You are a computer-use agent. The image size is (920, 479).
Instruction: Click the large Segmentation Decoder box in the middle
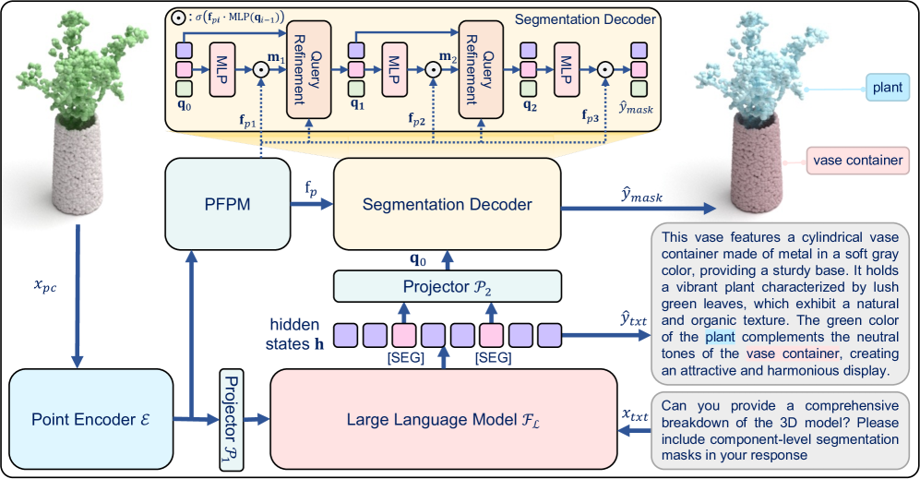447,204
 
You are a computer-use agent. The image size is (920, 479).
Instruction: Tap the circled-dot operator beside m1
261,67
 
